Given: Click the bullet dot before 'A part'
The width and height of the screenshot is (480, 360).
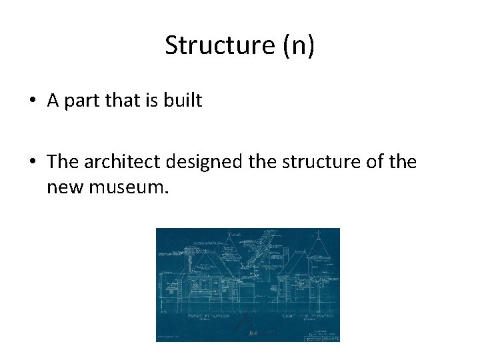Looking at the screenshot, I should coord(32,101).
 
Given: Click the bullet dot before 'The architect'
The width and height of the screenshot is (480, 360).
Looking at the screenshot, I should coord(32,162).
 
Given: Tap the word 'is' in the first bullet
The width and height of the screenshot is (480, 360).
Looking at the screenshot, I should coord(154,101).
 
